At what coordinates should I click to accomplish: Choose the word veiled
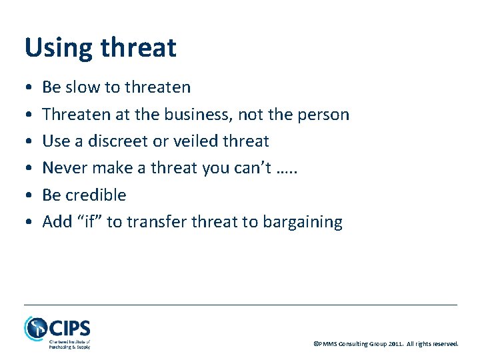[195, 141]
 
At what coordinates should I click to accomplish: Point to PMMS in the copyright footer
[328, 344]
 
